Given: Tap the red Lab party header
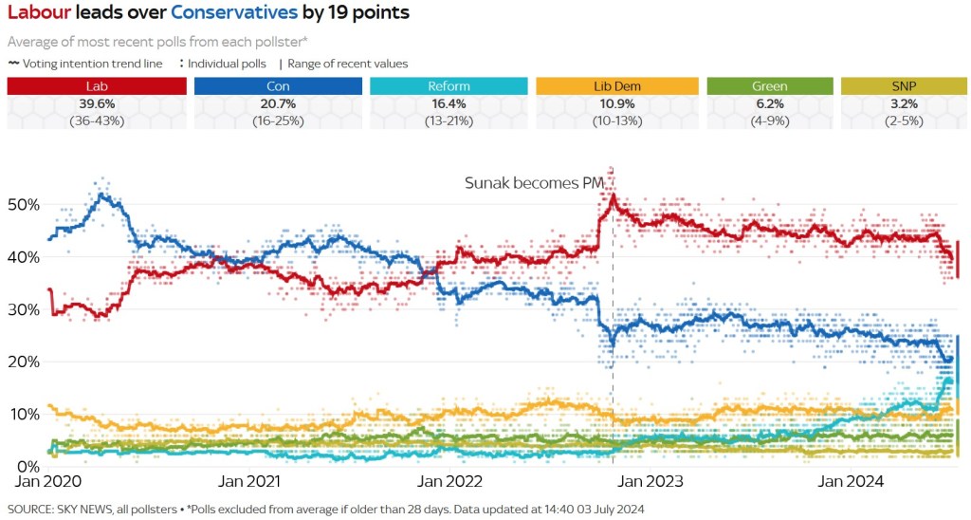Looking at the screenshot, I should point(97,86).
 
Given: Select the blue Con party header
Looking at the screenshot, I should point(278,86).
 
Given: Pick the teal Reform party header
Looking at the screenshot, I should point(449,86).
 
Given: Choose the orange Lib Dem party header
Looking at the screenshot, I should point(616,86).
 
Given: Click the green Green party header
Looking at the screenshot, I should point(769,86).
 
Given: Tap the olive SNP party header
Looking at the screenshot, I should point(902,86).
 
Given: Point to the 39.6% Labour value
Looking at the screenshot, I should point(97,102).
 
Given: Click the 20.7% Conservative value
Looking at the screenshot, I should point(278,102).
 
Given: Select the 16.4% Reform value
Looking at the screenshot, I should point(449,102).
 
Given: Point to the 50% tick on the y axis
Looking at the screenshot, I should point(23,205).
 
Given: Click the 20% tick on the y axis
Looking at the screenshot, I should point(23,362).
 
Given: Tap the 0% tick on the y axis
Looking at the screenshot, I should point(27,466).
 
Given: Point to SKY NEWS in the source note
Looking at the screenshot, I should point(89,510).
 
